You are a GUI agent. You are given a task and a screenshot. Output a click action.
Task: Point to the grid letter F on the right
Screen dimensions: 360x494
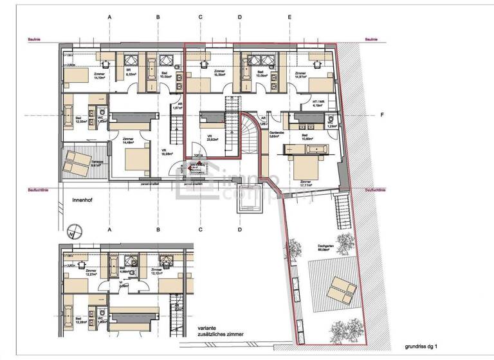pyautogui.click(x=381, y=116)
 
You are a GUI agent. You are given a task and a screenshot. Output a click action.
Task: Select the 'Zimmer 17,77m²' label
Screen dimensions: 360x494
pyautogui.click(x=307, y=184)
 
